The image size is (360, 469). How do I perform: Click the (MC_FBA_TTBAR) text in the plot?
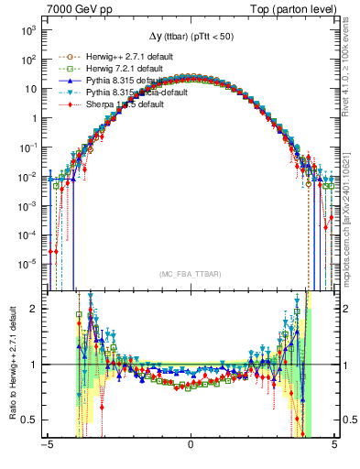(190, 274)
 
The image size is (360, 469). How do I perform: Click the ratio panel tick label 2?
(33, 309)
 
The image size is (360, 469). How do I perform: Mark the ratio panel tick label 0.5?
(29, 420)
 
